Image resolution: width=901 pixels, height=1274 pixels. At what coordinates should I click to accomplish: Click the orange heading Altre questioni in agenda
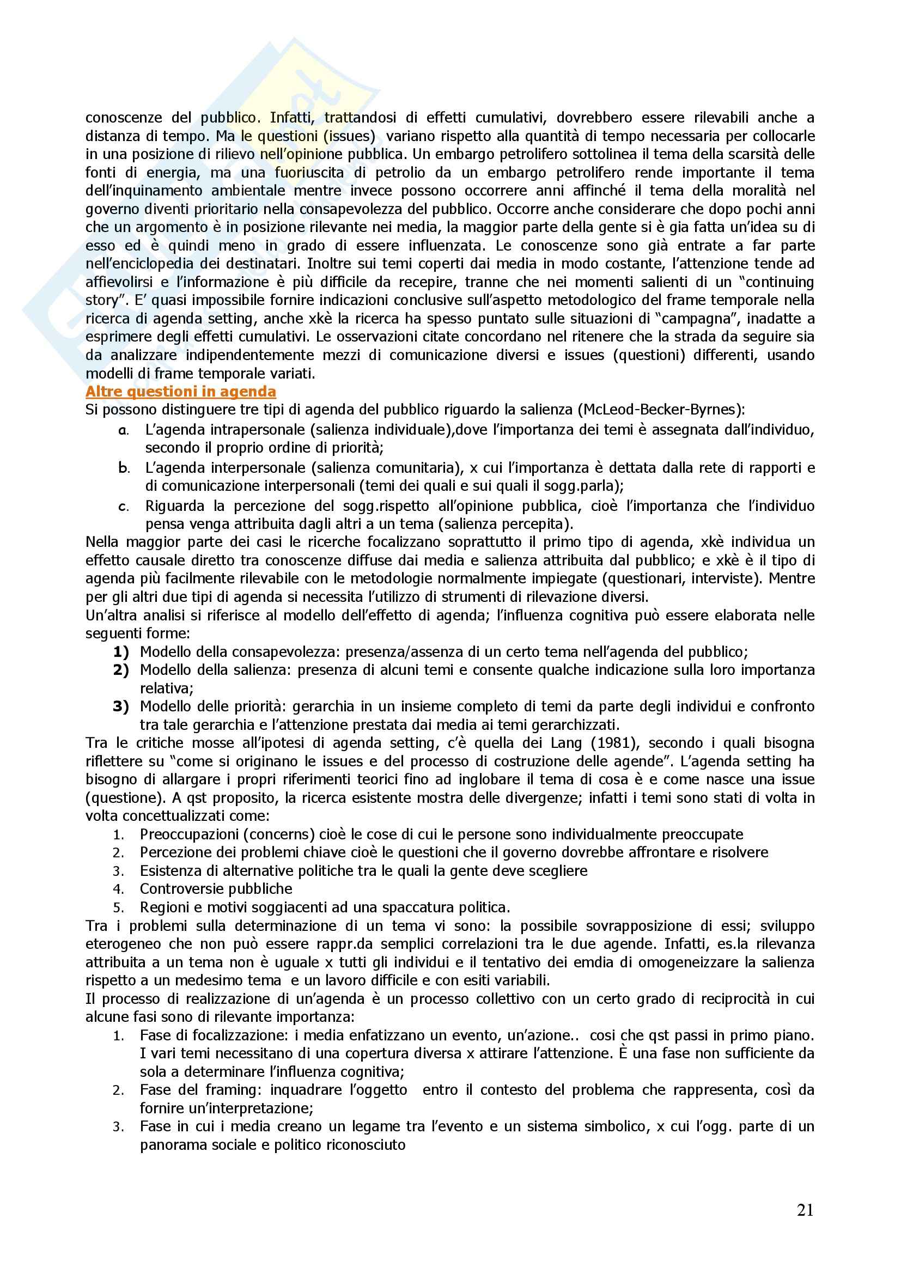(x=180, y=392)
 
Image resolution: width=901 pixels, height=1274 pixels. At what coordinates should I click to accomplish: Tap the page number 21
(x=805, y=1210)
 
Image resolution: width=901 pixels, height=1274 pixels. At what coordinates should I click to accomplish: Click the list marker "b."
(x=124, y=468)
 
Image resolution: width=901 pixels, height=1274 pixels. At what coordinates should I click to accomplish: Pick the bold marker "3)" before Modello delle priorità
(x=121, y=706)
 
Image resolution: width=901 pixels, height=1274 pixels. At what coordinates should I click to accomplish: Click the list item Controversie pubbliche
(x=216, y=889)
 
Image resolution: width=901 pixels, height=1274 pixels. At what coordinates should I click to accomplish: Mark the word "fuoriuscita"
(x=309, y=173)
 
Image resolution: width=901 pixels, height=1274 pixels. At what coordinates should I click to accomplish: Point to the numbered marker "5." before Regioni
(x=119, y=908)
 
